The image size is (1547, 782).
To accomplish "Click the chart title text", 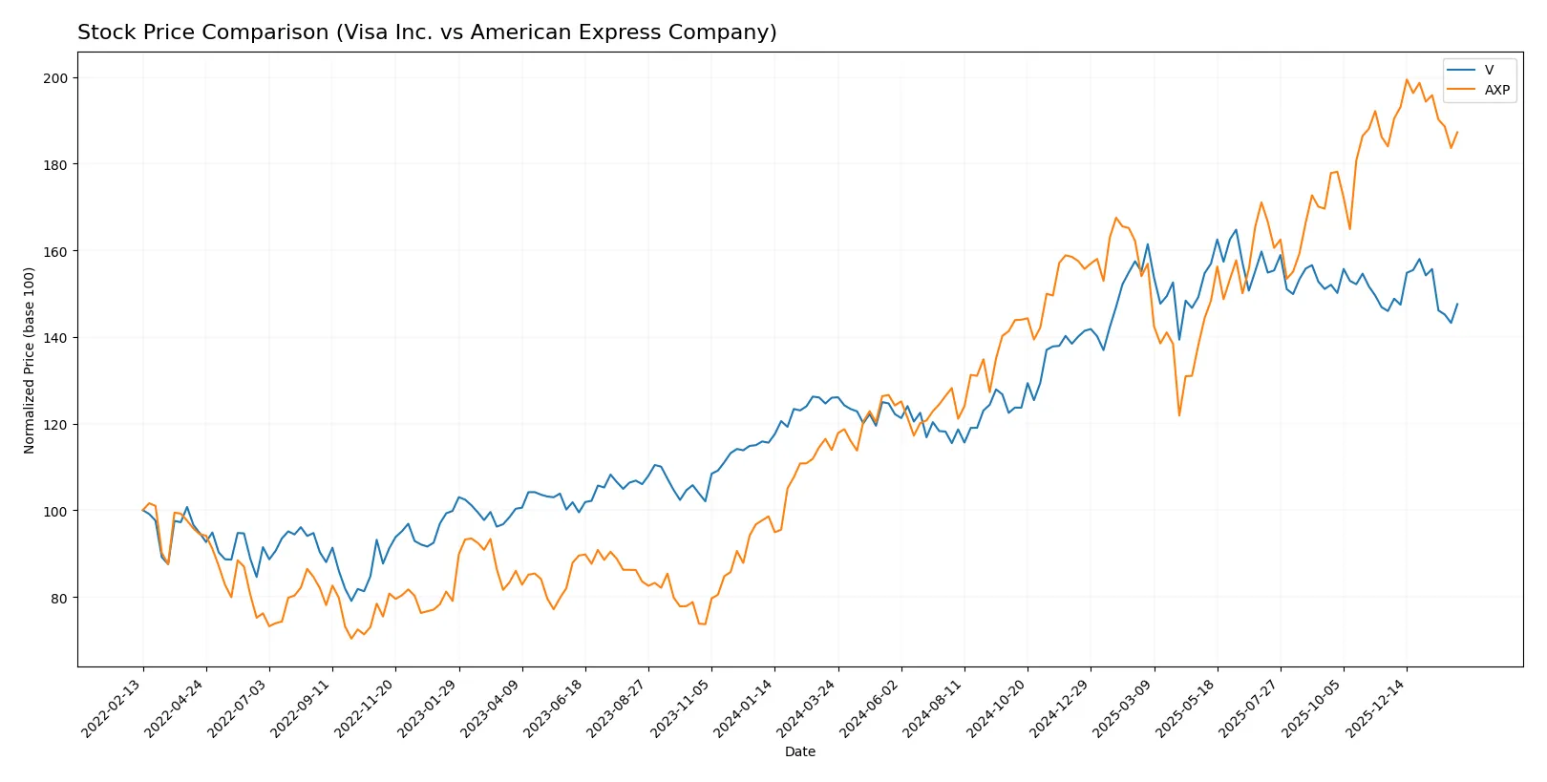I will coord(427,32).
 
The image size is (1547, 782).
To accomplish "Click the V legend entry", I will coord(1489,70).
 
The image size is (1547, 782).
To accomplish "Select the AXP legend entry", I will coord(1496,90).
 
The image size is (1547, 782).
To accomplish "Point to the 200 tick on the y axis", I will coord(55,78).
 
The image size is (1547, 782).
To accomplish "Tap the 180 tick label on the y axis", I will coord(55,165).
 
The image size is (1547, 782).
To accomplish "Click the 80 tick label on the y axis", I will coord(59,599).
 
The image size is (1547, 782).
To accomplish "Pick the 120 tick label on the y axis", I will coord(55,425).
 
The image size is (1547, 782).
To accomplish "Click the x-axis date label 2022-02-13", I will coord(113,708).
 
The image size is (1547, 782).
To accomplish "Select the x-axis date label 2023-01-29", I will coord(429,708).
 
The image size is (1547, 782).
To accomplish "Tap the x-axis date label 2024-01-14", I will coord(745,708).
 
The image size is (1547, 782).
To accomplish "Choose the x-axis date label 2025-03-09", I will coord(1124,708).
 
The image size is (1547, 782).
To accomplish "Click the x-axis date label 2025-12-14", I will coord(1377,708).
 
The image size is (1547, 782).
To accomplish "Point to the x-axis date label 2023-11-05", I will coord(682,708).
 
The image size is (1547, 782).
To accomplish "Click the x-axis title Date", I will coord(799,752).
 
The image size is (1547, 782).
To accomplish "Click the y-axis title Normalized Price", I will coord(30,360).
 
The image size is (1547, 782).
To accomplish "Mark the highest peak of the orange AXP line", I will coord(1407,80).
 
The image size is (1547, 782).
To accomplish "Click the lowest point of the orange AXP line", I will coord(351,638).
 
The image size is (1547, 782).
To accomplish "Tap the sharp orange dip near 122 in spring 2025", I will coord(1179,415).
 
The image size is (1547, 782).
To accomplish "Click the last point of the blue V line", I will coord(1457,304).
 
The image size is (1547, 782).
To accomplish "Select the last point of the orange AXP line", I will coord(1457,133).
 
